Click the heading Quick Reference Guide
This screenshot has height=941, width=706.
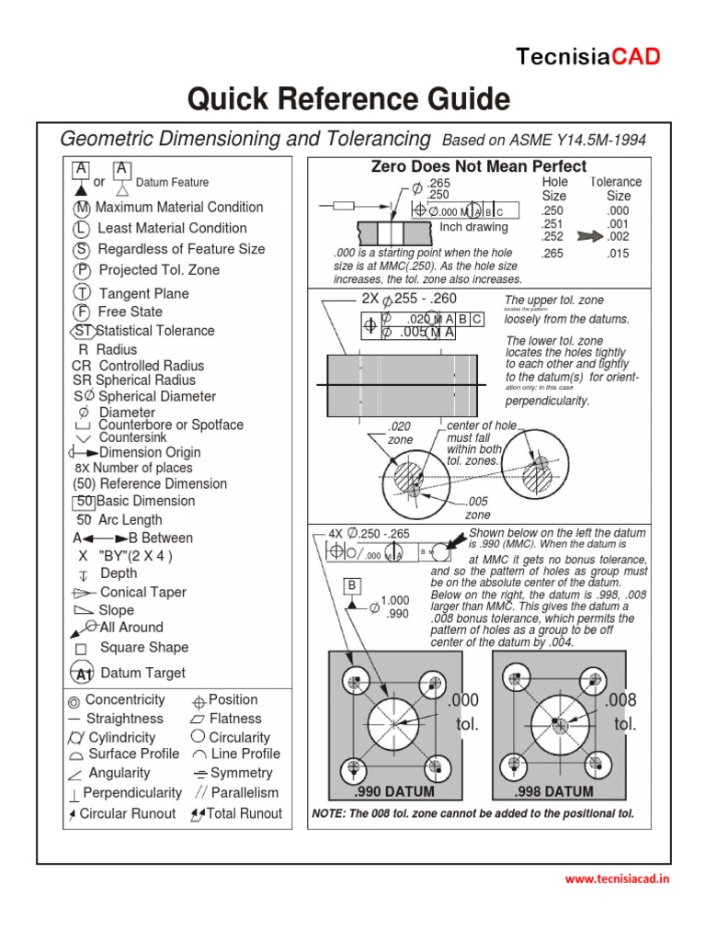(348, 98)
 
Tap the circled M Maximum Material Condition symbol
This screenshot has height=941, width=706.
(82, 209)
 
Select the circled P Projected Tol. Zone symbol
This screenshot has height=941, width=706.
(82, 271)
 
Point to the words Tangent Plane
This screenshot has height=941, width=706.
(143, 293)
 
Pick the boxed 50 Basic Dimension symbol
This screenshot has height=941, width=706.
(85, 502)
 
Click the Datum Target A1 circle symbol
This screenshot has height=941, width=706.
(84, 674)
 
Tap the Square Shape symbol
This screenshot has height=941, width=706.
(81, 648)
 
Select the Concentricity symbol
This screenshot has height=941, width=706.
(74, 700)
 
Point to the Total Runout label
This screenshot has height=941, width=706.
(244, 813)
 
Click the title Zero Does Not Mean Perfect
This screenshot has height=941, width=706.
(478, 166)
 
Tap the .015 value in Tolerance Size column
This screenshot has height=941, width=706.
(618, 254)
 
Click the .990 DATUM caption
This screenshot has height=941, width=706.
(394, 791)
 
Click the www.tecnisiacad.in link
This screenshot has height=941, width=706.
(617, 879)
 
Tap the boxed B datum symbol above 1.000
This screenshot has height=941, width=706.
(353, 585)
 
